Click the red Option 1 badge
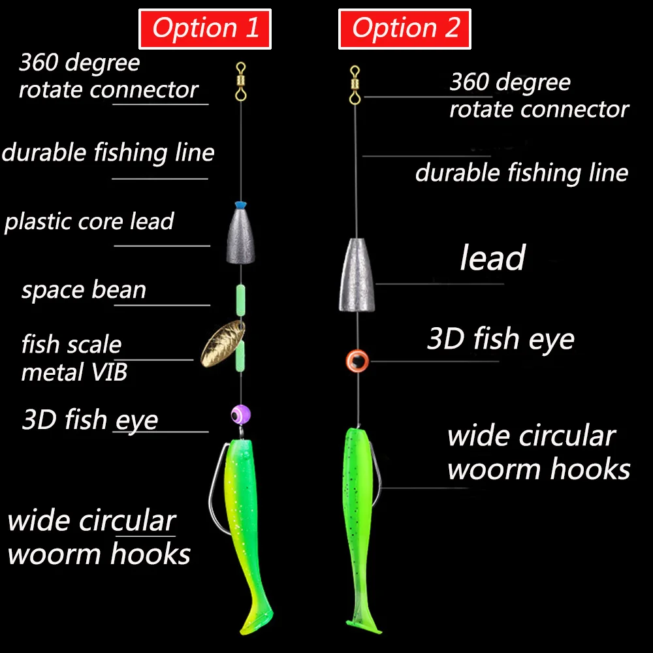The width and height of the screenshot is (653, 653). pos(205,29)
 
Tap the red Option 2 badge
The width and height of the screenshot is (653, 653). pos(405,29)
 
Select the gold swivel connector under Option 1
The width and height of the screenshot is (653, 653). pos(241,80)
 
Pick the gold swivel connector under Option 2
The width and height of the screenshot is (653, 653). pos(355,84)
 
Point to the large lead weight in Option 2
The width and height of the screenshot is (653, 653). pos(355,274)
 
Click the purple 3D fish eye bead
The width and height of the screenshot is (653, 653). pos(240,414)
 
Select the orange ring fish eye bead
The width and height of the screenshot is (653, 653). pos(357,360)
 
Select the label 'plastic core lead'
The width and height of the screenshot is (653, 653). pos(89,221)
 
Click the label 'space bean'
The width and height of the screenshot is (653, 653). pos(84,290)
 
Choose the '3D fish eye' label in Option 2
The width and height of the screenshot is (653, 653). pos(500,340)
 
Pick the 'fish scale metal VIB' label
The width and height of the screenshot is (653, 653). pos(74,358)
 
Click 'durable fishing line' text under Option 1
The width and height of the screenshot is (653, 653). pos(108,153)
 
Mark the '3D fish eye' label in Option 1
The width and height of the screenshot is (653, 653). pos(90,419)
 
